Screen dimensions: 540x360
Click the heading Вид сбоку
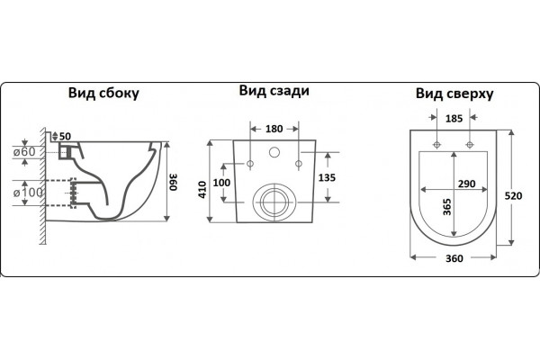click(x=103, y=94)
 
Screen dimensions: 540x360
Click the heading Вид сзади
click(x=274, y=91)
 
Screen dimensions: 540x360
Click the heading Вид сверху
click(x=454, y=94)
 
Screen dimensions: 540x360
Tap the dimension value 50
click(x=65, y=137)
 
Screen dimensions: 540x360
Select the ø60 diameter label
click(x=24, y=151)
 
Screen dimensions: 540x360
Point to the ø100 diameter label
click(x=28, y=193)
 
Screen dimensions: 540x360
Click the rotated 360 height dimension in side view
click(x=173, y=182)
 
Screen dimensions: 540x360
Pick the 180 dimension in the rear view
click(x=274, y=129)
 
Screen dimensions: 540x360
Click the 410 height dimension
click(x=202, y=190)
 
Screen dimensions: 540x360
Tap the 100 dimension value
click(x=221, y=183)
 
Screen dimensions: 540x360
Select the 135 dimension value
click(x=327, y=178)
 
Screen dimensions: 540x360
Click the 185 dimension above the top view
click(x=454, y=119)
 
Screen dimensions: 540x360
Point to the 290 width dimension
click(x=466, y=184)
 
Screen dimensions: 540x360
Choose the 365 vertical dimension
click(x=447, y=207)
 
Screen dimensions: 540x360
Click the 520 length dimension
click(x=513, y=196)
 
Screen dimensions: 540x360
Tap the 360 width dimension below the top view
click(x=454, y=258)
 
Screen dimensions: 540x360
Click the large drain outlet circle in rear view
click(x=274, y=184)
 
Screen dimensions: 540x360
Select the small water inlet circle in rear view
click(x=274, y=152)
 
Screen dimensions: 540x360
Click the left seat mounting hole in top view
click(x=436, y=145)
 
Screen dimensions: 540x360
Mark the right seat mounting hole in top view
click(x=470, y=145)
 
